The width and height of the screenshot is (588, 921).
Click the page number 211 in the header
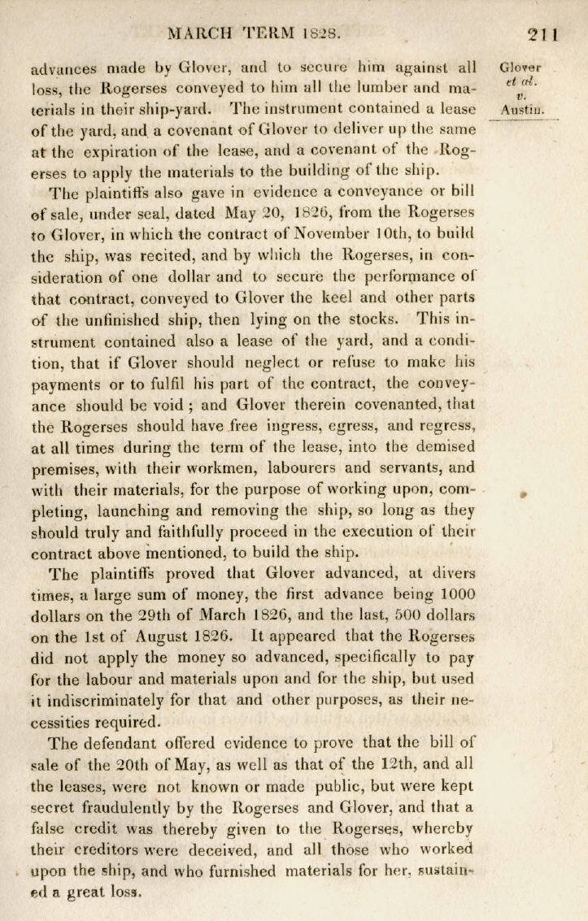[540, 35]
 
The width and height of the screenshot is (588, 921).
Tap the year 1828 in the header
[318, 35]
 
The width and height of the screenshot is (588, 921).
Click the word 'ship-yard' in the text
[178, 108]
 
